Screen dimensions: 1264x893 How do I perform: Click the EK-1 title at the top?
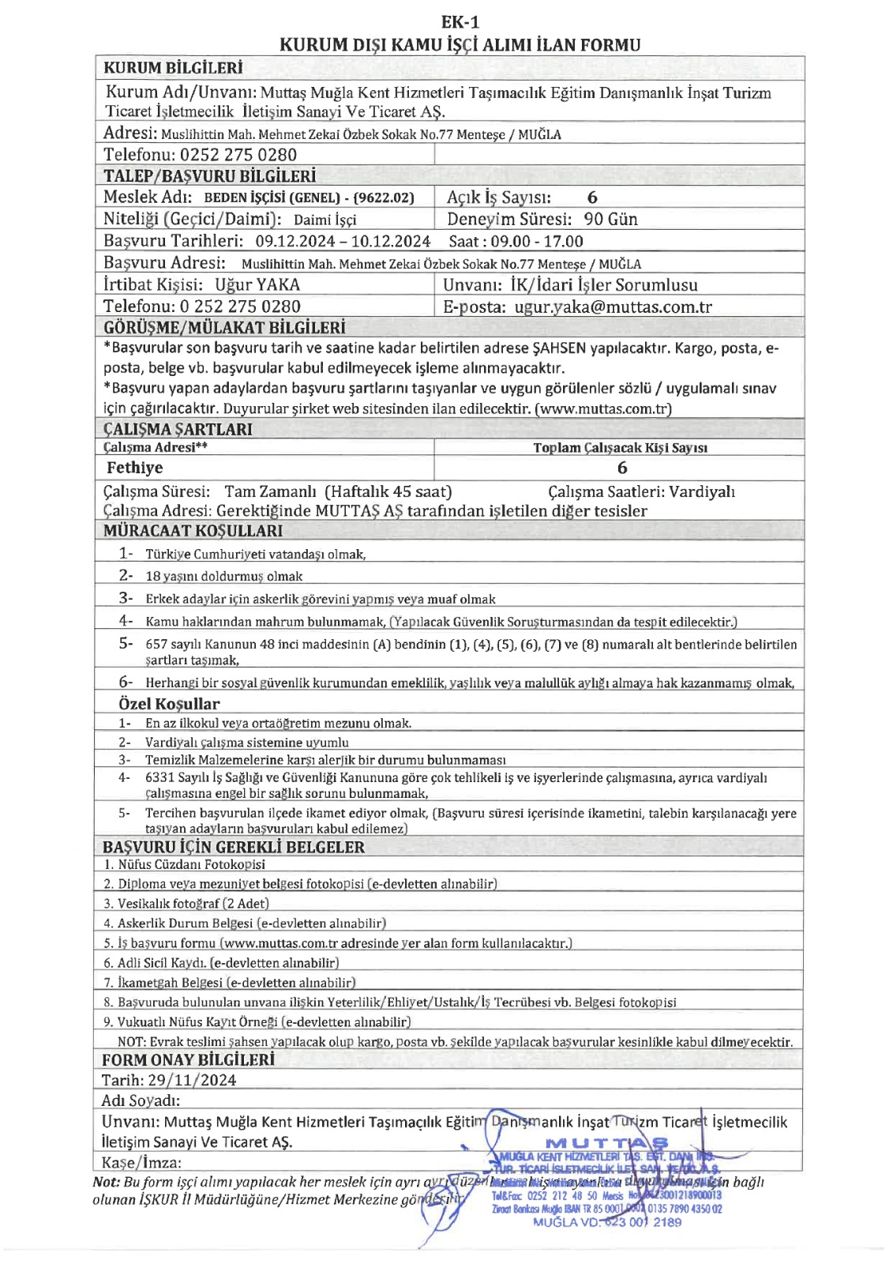point(460,22)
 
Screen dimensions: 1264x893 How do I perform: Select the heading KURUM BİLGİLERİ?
point(173,69)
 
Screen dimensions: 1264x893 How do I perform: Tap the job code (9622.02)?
point(383,197)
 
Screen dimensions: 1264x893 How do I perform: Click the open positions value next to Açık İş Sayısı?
point(592,197)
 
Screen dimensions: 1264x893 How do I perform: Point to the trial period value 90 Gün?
point(610,220)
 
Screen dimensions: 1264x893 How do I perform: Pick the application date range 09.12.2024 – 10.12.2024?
point(343,242)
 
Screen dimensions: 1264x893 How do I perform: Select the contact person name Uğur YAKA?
point(257,285)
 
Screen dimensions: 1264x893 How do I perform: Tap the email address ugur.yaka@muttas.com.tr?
point(613,307)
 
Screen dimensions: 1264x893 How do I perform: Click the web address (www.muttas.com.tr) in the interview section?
point(603,409)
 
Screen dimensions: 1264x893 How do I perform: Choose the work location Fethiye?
point(135,468)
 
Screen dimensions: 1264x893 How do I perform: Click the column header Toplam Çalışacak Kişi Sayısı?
point(620,448)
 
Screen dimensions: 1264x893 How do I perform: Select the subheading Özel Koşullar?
point(169,704)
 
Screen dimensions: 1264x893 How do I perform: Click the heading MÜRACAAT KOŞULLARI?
point(193,531)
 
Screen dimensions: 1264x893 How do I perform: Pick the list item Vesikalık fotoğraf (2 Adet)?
point(193,903)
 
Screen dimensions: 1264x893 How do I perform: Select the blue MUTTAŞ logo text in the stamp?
point(607,1142)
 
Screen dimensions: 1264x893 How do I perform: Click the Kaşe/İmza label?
point(141,1162)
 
